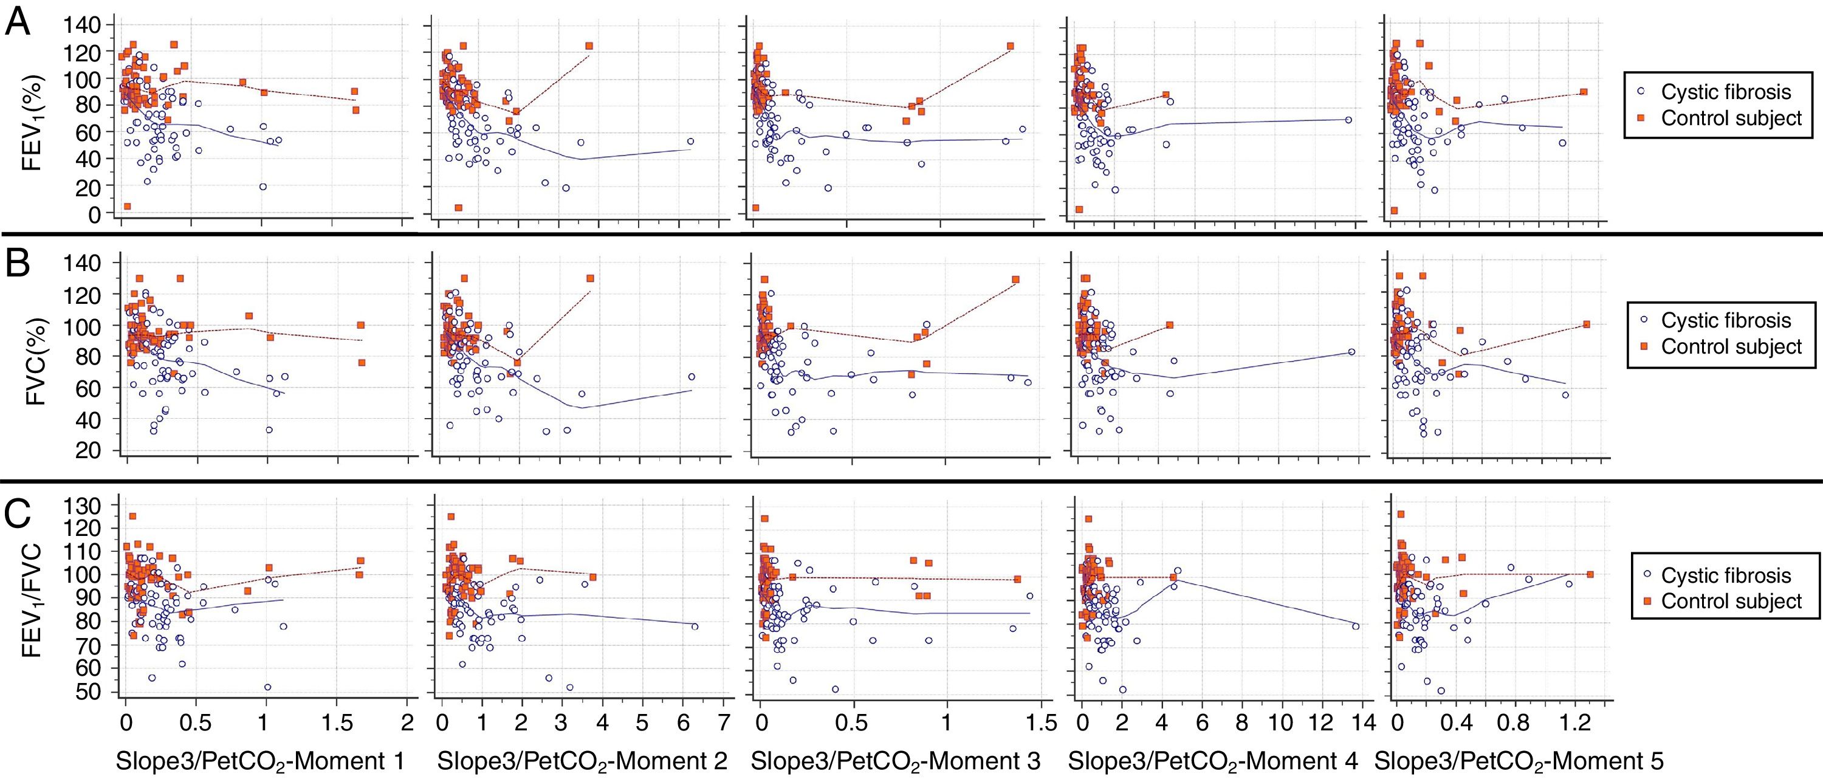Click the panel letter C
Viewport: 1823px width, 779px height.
(x=18, y=515)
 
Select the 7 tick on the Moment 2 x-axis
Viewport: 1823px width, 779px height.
(x=722, y=724)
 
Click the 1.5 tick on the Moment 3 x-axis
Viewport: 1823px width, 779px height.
(x=1040, y=724)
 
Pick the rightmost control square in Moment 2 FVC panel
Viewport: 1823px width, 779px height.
(x=589, y=278)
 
